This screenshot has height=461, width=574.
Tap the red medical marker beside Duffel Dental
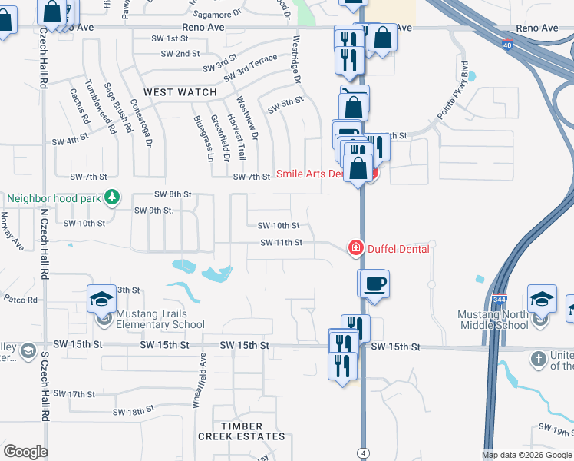pyautogui.click(x=356, y=247)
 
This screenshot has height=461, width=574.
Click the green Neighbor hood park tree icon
pyautogui.click(x=112, y=197)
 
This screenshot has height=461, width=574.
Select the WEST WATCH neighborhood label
pyautogui.click(x=180, y=92)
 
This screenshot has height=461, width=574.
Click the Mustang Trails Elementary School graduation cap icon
pyautogui.click(x=101, y=298)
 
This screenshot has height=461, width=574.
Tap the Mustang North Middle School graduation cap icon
pyautogui.click(x=542, y=298)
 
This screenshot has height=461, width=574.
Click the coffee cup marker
pyautogui.click(x=374, y=284)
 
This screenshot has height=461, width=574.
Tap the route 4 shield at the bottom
pyautogui.click(x=361, y=450)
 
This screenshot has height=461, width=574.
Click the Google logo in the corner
pyautogui.click(x=25, y=452)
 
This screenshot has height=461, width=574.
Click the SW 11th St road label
pyautogui.click(x=282, y=243)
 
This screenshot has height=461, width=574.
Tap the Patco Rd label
pyautogui.click(x=21, y=299)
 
